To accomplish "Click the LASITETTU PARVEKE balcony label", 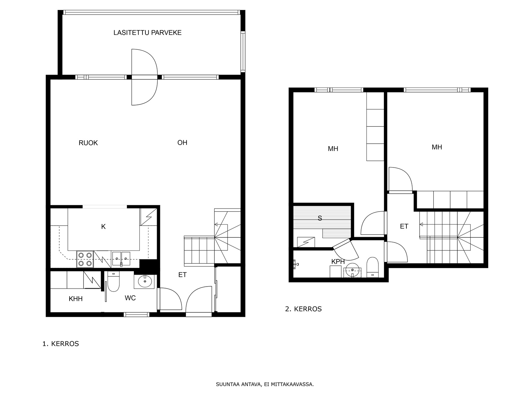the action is pyautogui.click(x=147, y=33).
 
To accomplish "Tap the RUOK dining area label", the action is pyautogui.click(x=88, y=143).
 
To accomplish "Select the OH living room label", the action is pyautogui.click(x=182, y=143).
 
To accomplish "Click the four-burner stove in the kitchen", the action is pyautogui.click(x=85, y=259).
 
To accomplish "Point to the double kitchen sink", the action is pyautogui.click(x=121, y=259).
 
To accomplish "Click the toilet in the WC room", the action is pyautogui.click(x=113, y=281).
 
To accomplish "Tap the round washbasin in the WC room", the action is pyautogui.click(x=145, y=281).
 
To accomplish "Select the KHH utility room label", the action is pyautogui.click(x=76, y=299).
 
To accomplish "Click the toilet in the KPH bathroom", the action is pyautogui.click(x=373, y=267).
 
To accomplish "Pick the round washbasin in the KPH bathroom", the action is pyautogui.click(x=352, y=270).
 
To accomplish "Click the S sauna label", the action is pyautogui.click(x=320, y=218).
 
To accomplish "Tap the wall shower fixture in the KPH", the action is pyautogui.click(x=296, y=264).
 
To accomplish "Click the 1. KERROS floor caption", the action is pyautogui.click(x=61, y=344).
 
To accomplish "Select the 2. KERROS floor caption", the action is pyautogui.click(x=303, y=309).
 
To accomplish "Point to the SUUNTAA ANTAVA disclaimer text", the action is pyautogui.click(x=265, y=384).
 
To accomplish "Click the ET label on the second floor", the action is pyautogui.click(x=404, y=227).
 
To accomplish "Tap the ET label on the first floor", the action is pyautogui.click(x=183, y=275).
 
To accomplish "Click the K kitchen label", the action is pyautogui.click(x=103, y=227).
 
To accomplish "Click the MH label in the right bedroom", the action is pyautogui.click(x=437, y=147).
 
